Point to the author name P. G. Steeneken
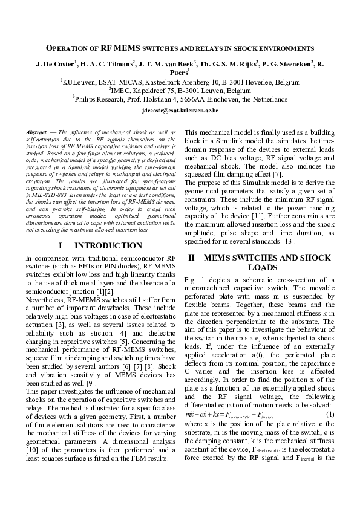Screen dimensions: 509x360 [x=285, y=63]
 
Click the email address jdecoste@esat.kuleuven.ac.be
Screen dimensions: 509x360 [x=180, y=112]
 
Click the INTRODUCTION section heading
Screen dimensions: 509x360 [x=108, y=246]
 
